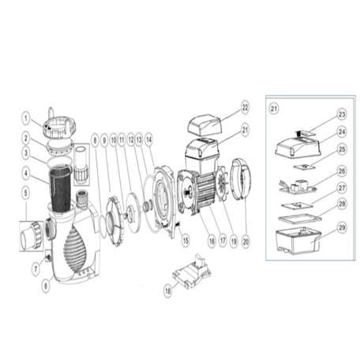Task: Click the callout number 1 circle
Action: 25,120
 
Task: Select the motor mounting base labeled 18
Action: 192,275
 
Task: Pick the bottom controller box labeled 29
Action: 296,237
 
